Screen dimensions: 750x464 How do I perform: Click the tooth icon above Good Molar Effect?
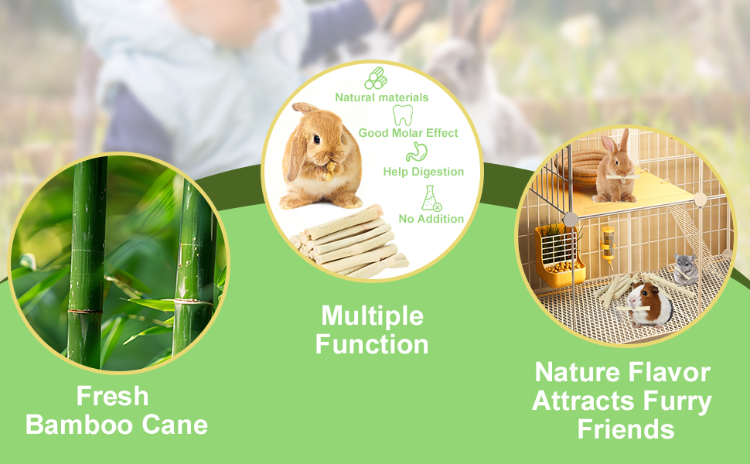click(x=403, y=115)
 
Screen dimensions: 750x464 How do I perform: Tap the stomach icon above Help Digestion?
click(x=416, y=152)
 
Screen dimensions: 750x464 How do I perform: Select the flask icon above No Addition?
click(x=431, y=198)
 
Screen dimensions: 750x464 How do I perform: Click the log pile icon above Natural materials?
click(x=376, y=78)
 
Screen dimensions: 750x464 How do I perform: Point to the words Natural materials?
click(x=382, y=97)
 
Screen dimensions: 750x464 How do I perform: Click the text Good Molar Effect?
click(x=408, y=133)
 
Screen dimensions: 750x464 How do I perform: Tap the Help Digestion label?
click(x=423, y=172)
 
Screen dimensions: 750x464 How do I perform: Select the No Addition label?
click(x=431, y=219)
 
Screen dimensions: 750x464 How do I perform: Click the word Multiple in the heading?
click(x=372, y=316)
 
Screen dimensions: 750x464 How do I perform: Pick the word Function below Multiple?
click(x=372, y=344)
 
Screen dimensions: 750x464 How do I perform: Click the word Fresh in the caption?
click(x=112, y=396)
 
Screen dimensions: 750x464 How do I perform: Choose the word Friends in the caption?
click(x=626, y=428)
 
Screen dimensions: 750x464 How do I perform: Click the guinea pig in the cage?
click(x=649, y=303)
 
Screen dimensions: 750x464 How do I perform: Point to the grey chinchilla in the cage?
click(x=686, y=269)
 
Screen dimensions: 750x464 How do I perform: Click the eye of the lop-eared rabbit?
click(x=317, y=139)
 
